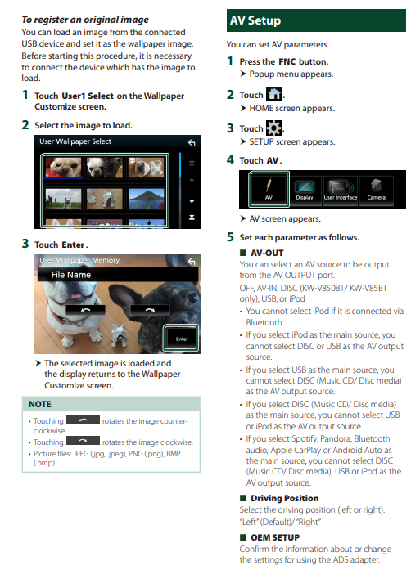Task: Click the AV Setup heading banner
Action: click(316, 20)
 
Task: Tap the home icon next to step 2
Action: click(274, 94)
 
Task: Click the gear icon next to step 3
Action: click(274, 128)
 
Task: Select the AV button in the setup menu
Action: click(269, 189)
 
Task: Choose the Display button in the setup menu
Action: click(305, 190)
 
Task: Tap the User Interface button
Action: click(341, 190)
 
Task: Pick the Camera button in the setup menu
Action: click(376, 190)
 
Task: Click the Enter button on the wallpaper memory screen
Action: click(182, 338)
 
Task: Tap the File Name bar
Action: click(118, 275)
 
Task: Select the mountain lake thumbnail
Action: click(146, 198)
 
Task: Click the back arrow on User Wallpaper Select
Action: click(192, 143)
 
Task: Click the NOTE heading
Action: click(40, 404)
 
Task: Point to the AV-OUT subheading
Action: click(267, 253)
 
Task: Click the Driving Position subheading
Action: click(284, 498)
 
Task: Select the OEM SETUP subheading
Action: click(275, 537)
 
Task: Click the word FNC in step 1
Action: click(287, 62)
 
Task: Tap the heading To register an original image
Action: click(85, 20)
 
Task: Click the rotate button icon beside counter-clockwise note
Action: click(83, 420)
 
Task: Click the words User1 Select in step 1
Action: click(88, 96)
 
